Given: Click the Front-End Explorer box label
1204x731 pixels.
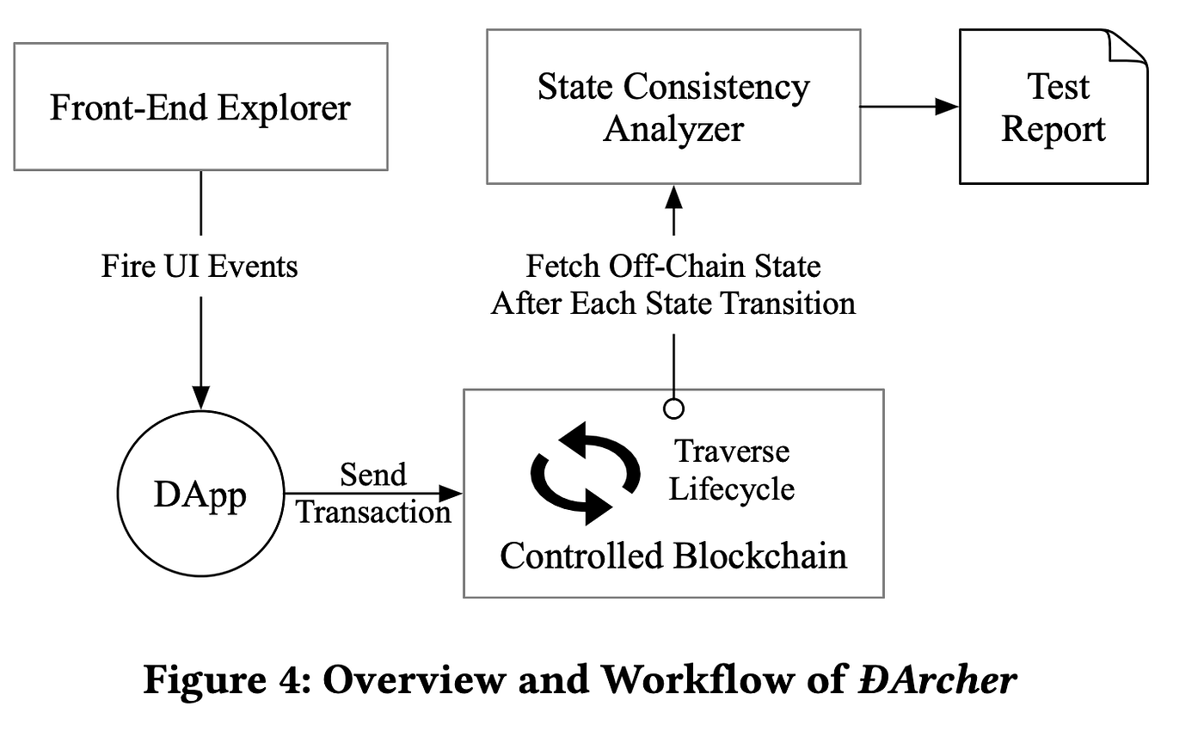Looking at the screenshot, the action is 200,107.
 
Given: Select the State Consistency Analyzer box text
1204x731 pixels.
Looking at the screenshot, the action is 673,107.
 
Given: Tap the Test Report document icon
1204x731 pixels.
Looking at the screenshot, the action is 1053,107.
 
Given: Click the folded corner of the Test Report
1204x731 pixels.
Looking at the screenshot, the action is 1127,47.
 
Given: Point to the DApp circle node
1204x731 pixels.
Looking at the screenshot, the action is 200,494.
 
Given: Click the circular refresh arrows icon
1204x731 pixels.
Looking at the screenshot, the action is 586,473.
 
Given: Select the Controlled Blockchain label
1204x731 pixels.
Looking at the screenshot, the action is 673,556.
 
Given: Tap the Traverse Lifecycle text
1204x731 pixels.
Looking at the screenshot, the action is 732,470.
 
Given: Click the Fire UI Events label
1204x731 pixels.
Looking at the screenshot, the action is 200,266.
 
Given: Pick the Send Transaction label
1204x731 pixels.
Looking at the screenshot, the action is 373,493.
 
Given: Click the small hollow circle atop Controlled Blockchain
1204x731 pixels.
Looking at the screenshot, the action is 673,408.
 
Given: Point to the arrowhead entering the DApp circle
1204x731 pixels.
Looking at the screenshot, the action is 200,397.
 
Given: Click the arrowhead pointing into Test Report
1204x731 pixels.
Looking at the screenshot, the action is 947,107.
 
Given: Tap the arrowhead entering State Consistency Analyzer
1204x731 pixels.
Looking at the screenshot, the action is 673,197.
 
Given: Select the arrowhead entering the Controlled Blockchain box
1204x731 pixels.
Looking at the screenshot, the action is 451,493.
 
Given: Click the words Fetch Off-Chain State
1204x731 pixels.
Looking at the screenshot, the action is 673,266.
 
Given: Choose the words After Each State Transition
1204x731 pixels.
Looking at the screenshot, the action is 673,303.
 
